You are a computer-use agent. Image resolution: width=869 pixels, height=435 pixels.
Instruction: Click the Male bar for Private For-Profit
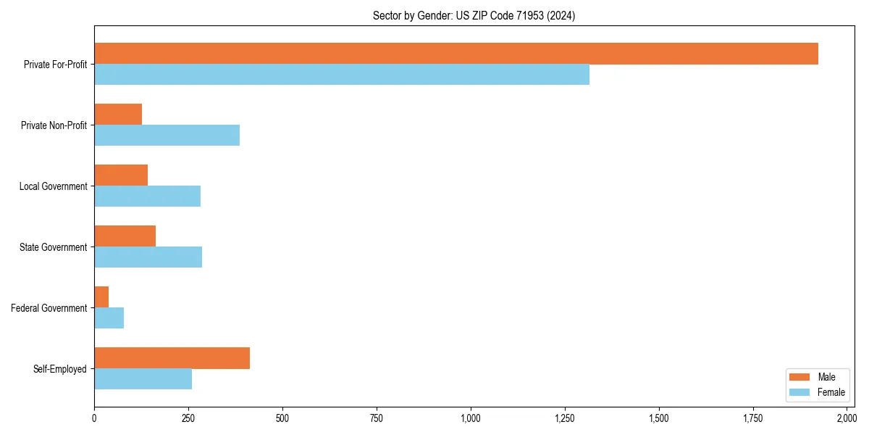[456, 54]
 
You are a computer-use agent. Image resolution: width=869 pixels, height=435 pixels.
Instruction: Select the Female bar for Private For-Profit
[342, 75]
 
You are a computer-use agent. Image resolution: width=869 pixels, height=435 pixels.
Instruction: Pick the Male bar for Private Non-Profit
[118, 115]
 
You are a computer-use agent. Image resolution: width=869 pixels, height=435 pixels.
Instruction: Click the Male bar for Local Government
[121, 175]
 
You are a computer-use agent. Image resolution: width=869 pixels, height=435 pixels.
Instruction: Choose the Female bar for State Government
[148, 257]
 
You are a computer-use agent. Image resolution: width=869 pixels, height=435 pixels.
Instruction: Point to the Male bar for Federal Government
[101, 297]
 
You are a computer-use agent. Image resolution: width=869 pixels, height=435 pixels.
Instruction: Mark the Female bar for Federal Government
[109, 318]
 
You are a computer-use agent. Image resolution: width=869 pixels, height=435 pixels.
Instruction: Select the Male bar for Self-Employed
[172, 358]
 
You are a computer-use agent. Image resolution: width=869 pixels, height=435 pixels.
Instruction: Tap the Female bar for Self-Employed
[143, 379]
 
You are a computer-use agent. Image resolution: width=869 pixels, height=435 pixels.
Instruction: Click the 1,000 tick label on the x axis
[471, 418]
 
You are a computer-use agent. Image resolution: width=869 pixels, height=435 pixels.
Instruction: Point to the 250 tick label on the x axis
[188, 418]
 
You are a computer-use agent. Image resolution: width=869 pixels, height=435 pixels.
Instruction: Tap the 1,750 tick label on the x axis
[753, 418]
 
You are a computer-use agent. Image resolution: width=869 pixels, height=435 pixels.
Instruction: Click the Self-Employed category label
[60, 369]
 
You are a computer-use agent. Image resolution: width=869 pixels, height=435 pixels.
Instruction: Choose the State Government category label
[54, 247]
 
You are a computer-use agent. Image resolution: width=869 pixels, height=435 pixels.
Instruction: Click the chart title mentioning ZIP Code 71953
[474, 15]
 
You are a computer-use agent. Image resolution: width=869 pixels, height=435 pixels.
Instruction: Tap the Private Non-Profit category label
[54, 125]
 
